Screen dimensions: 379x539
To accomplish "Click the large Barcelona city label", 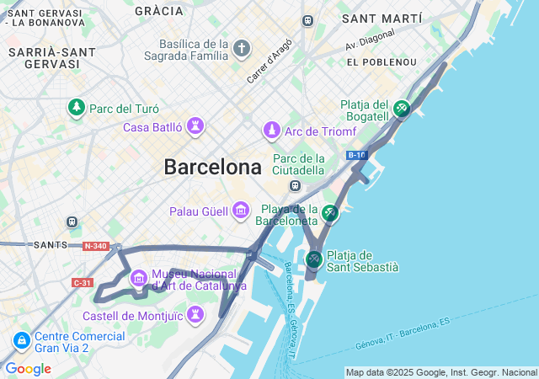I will point(212,168).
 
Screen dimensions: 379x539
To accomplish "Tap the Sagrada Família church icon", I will point(243,49).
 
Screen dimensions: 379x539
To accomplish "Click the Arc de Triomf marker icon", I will point(272,131).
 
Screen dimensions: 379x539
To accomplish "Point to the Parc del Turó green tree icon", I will point(77,108).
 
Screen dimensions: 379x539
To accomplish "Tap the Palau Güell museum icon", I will point(241,210).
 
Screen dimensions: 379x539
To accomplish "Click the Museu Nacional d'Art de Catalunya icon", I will point(139,276).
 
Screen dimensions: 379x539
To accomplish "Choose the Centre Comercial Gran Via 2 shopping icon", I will point(21,341).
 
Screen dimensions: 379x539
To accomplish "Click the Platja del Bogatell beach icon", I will point(402,109).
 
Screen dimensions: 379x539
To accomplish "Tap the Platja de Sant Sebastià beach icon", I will point(313,259).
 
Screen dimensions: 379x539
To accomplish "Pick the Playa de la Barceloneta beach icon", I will point(329,214).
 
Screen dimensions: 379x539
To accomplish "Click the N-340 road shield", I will point(95,246).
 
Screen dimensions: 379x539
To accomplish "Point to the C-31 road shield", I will point(82,282).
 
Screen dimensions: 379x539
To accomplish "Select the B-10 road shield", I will point(356,155).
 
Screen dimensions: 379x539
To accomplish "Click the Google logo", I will point(28,369).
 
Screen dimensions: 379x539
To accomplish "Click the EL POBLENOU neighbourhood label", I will point(382,62).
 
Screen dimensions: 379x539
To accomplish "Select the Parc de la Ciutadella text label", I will point(298,164).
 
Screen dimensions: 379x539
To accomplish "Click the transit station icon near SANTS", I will point(72,222).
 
